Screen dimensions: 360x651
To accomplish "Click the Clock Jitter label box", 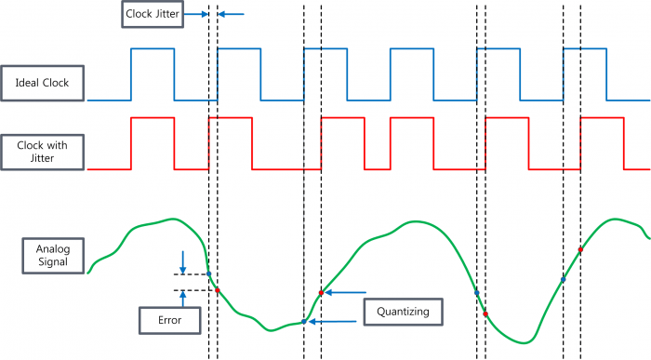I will (152, 14).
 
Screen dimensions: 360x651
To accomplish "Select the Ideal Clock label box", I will (43, 83).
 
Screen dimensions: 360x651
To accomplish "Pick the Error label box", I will (169, 320).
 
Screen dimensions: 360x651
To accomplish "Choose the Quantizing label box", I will (403, 311).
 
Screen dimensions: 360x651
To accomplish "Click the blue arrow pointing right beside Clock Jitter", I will (196, 14).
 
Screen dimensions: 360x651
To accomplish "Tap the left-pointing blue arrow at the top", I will (232, 14).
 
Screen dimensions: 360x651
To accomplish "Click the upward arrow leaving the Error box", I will (183, 299).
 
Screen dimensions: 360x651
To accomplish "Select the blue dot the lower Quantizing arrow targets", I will (304, 321).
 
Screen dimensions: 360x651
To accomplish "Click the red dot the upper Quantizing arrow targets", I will (321, 293).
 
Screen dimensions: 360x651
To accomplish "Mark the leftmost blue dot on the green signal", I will (208, 274).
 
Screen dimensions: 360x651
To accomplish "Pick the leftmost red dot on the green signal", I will (218, 290).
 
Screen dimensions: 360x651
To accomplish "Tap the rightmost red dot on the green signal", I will (581, 249).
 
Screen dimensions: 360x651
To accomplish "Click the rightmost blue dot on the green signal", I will (564, 279).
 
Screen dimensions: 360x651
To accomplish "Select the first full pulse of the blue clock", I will (152, 73).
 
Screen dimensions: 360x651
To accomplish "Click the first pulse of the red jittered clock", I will (152, 143).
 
